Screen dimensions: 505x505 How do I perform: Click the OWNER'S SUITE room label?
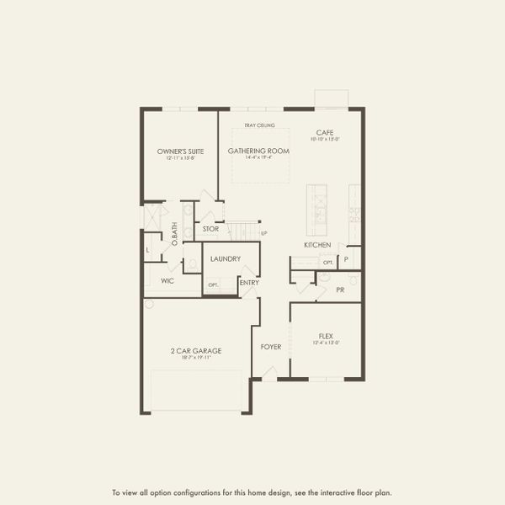click(x=181, y=151)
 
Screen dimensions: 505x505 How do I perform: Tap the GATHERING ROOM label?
click(x=258, y=151)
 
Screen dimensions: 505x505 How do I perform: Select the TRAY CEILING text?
click(x=259, y=125)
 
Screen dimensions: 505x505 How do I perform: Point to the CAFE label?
click(x=325, y=133)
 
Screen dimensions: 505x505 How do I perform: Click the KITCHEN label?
click(x=317, y=245)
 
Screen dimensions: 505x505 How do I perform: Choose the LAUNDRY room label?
click(x=226, y=258)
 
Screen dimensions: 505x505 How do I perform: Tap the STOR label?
click(x=210, y=228)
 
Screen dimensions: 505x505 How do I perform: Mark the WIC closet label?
click(x=167, y=281)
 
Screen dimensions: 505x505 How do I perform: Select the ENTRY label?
click(x=249, y=283)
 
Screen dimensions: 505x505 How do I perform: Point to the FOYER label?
click(x=270, y=346)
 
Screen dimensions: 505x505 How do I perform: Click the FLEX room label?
click(x=326, y=334)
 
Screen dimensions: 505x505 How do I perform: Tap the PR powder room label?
click(x=340, y=290)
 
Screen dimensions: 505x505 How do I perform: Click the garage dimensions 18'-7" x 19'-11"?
click(x=195, y=358)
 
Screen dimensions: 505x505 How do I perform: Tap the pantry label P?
click(x=345, y=259)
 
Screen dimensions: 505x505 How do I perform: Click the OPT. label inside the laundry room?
click(x=214, y=284)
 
